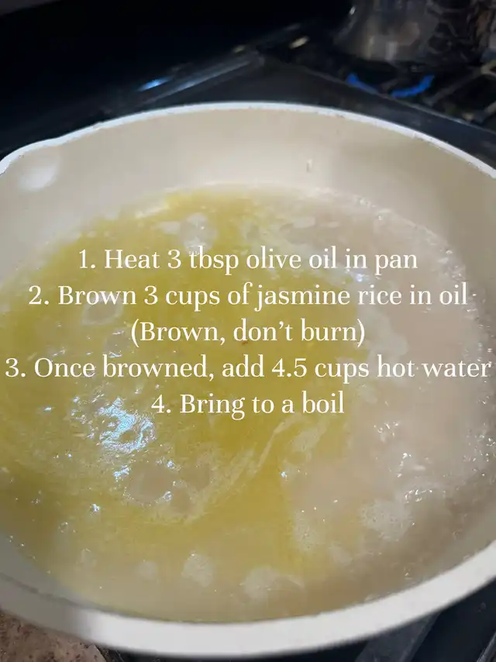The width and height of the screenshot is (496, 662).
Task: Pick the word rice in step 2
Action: [380, 295]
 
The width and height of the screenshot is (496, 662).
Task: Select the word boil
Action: [322, 404]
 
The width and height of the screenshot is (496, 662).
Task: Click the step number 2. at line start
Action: [40, 296]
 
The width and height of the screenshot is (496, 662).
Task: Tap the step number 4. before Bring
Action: [162, 405]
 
